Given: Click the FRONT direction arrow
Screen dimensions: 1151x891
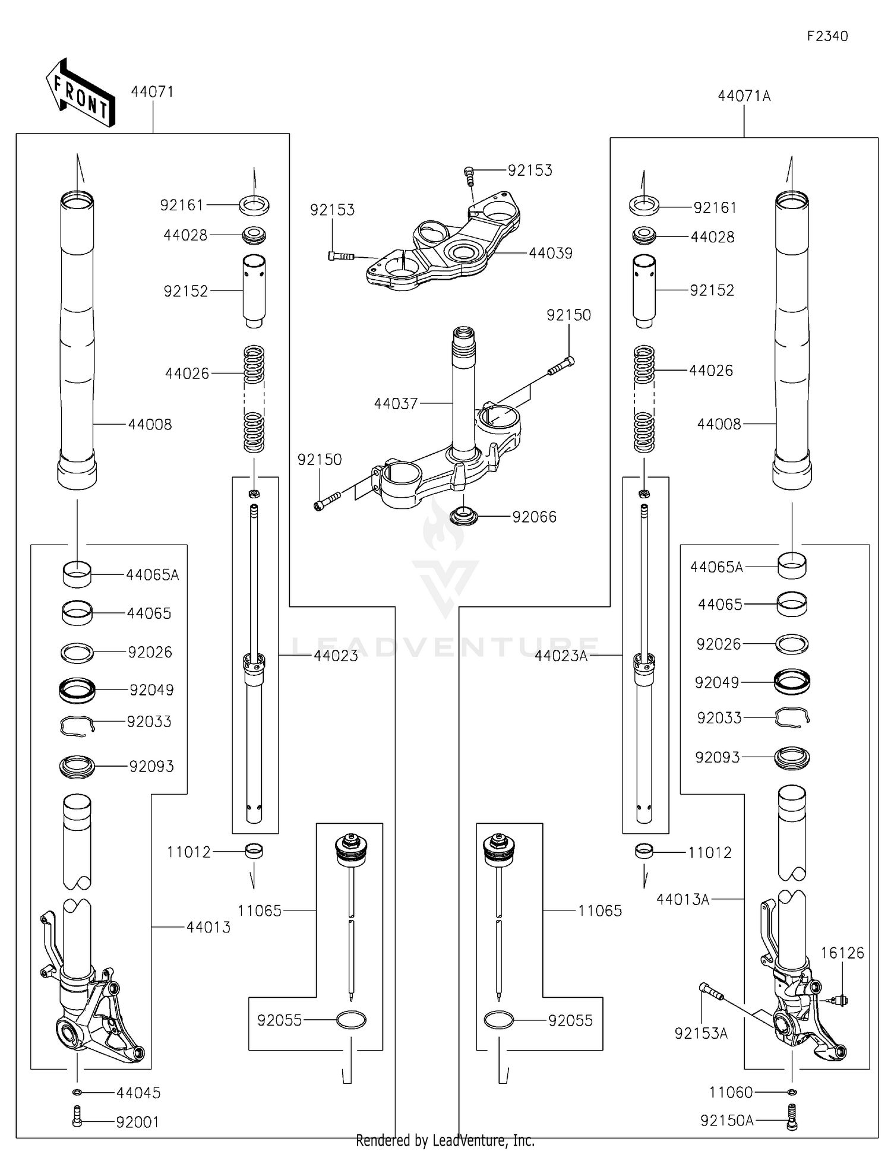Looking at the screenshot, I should tap(80, 94).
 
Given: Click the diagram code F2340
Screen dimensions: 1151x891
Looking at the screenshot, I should tap(827, 36).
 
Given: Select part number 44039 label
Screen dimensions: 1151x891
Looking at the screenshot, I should tap(550, 253).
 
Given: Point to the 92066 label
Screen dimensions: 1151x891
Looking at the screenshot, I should tap(534, 517).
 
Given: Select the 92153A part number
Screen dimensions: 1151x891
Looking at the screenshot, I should tap(700, 1033).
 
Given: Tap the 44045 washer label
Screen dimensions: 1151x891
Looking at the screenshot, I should tap(138, 1093).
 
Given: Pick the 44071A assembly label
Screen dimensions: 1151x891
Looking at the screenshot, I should tap(744, 96).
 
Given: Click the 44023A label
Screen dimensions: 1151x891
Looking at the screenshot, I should tap(561, 656).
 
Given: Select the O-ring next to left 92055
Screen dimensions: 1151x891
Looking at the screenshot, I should tap(351, 1020).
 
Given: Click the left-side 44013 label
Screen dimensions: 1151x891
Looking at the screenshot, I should tap(208, 927).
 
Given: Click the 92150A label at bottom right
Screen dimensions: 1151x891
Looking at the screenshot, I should tap(726, 1121).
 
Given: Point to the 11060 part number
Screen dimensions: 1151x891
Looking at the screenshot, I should tap(730, 1092).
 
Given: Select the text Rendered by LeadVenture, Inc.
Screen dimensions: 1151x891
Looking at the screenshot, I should tap(445, 1140).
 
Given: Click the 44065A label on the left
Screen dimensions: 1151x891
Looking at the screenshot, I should tap(152, 575).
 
